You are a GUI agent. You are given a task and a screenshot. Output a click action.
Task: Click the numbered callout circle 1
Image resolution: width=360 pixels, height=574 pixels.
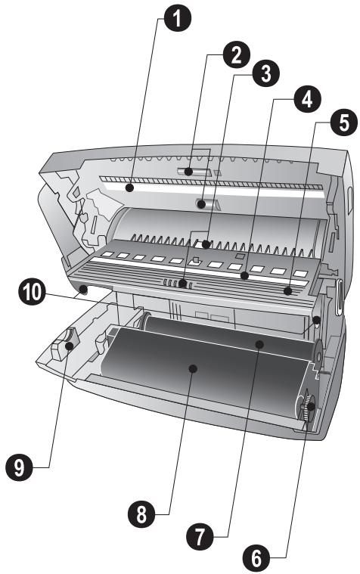point(177,17)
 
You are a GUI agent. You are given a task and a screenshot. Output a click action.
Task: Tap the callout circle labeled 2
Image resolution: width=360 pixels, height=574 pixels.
point(237,55)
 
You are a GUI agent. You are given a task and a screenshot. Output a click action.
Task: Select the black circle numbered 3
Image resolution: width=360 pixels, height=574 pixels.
point(266,73)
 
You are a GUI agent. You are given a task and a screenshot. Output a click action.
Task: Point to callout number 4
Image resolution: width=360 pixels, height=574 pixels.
point(307,98)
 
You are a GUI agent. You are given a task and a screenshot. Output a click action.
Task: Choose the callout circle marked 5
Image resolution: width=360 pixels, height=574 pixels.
point(344,123)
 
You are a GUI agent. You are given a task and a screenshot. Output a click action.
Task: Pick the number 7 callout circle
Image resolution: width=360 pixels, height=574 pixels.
point(200,536)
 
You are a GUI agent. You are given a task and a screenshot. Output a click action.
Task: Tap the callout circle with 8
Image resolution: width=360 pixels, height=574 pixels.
point(141,514)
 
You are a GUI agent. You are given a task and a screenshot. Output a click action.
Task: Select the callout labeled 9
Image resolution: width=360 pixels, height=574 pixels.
point(19,467)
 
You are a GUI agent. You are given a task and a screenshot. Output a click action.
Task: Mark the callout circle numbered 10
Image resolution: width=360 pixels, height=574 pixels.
point(33,292)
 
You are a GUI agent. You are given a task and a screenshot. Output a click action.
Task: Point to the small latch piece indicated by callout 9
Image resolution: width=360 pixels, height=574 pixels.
point(64,344)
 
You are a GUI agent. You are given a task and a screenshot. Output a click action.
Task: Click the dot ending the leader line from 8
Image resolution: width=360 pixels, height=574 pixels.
point(194,368)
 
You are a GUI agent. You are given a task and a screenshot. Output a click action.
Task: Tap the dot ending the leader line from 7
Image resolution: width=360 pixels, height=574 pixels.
point(259,344)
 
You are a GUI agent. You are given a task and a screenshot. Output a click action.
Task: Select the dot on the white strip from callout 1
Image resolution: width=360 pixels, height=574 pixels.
point(129,188)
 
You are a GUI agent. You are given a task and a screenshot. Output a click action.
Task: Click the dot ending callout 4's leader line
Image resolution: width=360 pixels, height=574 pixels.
point(244,275)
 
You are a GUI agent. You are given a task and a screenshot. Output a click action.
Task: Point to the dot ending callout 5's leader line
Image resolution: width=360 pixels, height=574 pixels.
point(288,291)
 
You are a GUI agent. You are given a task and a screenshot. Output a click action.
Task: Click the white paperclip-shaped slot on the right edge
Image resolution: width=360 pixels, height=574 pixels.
point(339,297)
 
